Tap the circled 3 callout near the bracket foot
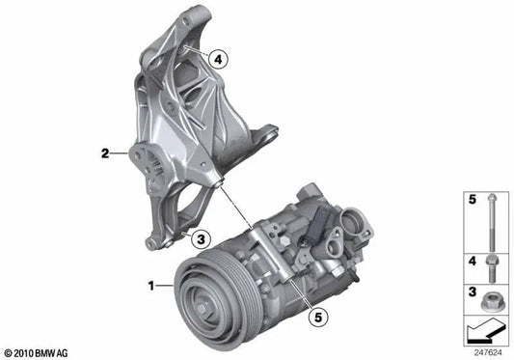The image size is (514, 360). (200, 237)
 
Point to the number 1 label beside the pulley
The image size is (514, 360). (149, 286)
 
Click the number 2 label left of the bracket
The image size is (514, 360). (103, 152)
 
